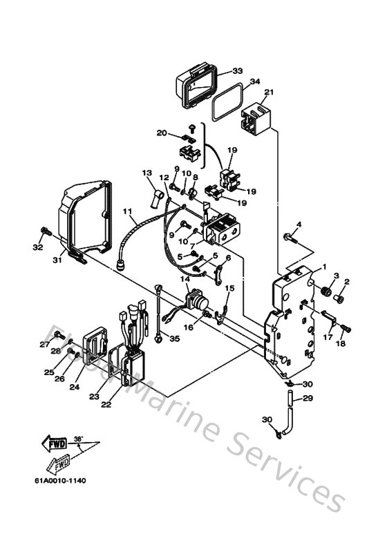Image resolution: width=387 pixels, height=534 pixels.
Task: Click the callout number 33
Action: (x=237, y=71)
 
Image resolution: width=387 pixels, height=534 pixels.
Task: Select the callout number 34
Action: (x=254, y=82)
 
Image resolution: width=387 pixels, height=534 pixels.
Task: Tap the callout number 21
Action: (x=270, y=93)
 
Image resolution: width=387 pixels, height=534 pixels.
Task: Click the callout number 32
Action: (x=38, y=247)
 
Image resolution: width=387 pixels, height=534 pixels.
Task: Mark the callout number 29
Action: (x=308, y=398)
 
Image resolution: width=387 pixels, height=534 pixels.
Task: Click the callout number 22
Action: (x=106, y=406)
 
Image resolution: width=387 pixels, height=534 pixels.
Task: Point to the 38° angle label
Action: (x=78, y=438)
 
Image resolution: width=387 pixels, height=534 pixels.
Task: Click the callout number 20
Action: (x=162, y=132)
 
